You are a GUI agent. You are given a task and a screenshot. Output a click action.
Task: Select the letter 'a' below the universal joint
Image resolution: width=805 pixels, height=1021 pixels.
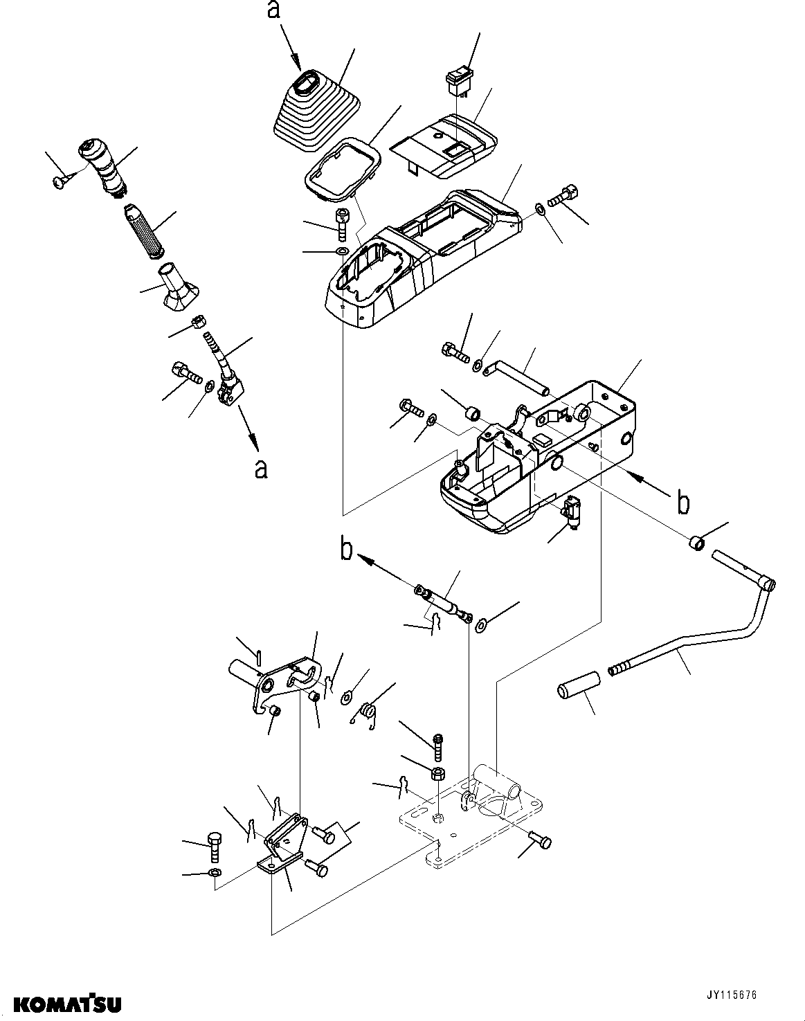(260, 469)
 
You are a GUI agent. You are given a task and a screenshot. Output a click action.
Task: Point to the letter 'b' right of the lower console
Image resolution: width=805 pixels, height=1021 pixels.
(683, 503)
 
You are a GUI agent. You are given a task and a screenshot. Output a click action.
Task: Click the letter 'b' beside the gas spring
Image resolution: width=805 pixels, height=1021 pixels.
(346, 550)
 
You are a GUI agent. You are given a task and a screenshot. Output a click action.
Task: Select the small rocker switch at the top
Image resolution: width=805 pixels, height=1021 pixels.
(458, 79)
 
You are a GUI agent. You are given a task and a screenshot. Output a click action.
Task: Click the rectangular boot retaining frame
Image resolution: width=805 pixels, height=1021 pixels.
(341, 171)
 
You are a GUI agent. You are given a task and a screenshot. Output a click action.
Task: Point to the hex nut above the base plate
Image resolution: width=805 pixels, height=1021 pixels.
(437, 773)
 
